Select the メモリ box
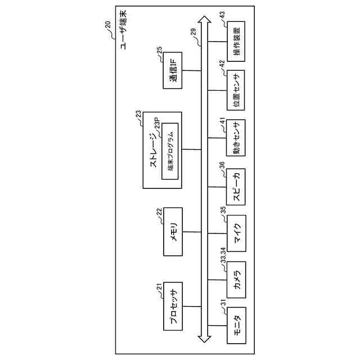pyautogui.click(x=174, y=231)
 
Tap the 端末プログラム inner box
pyautogui.click(x=170, y=151)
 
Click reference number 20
pyautogui.click(x=107, y=24)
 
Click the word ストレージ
pyautogui.click(x=154, y=151)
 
